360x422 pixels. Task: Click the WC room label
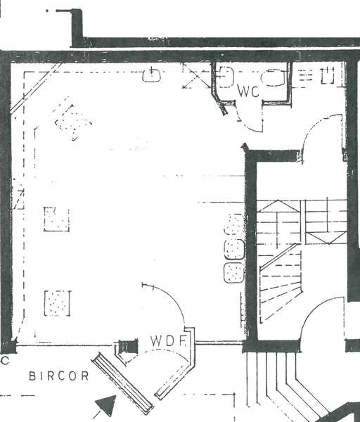(x=248, y=91)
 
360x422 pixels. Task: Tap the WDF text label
(x=169, y=341)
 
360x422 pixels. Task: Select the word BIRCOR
(x=59, y=376)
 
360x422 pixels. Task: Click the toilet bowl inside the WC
(x=273, y=78)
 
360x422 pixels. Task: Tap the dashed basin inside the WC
(x=226, y=77)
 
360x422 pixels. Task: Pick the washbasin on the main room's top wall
(x=151, y=75)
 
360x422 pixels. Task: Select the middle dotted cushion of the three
(x=234, y=249)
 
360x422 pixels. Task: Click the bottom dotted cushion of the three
(x=234, y=273)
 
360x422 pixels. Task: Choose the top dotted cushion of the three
(x=235, y=225)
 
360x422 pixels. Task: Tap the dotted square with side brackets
(x=58, y=303)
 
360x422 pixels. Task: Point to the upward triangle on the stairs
(x=278, y=206)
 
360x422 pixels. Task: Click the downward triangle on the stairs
(x=326, y=238)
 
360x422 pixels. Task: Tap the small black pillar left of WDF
(x=129, y=346)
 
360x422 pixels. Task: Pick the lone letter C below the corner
(x=5, y=361)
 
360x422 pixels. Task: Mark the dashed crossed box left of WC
(x=197, y=76)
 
